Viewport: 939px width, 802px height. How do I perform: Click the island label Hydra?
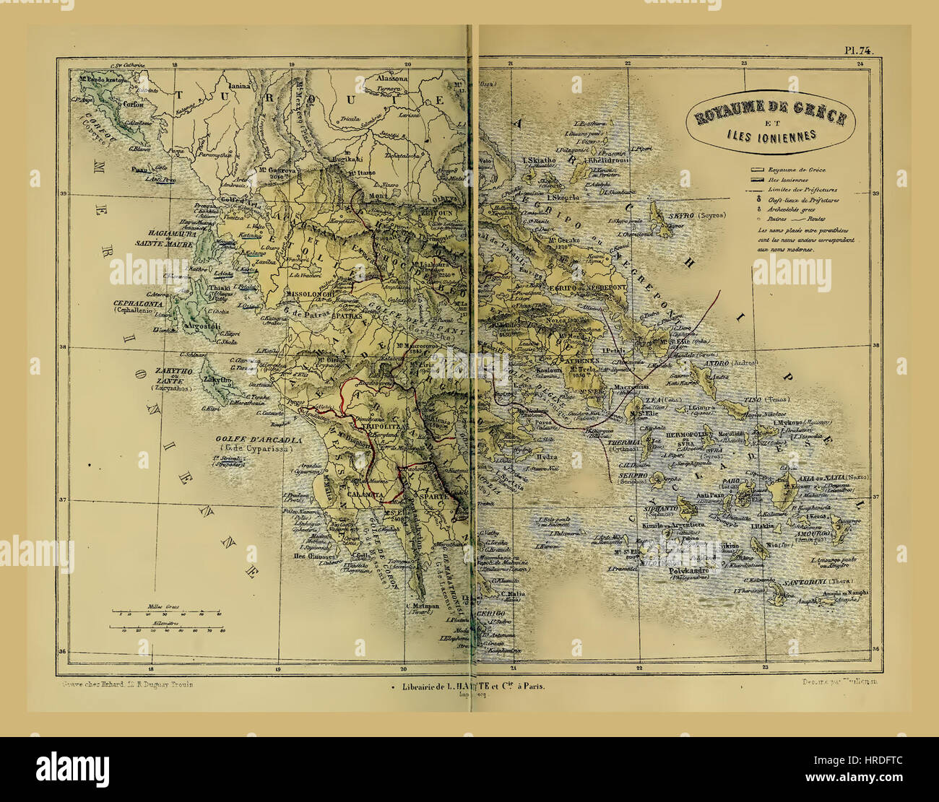pyautogui.click(x=548, y=457)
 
